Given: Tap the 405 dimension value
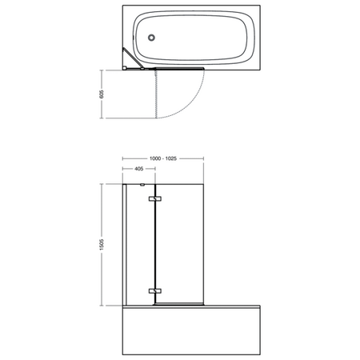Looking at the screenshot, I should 138,170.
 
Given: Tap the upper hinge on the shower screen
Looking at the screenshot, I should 156,199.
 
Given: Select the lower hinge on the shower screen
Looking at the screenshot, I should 156,290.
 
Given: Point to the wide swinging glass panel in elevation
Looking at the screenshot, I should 180,244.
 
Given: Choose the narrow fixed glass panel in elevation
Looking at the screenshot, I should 137,244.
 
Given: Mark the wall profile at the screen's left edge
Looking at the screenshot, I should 122,244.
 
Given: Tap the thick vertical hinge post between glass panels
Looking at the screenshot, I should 153,244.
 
